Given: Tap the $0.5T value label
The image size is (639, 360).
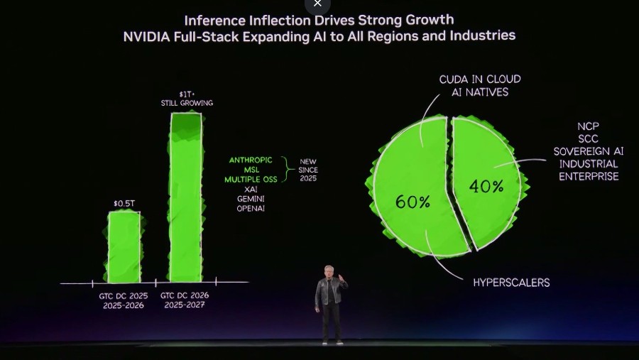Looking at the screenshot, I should tap(124, 204).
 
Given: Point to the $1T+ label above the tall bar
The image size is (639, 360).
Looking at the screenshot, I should tap(185, 94).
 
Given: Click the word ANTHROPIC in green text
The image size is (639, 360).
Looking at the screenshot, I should tap(251, 160).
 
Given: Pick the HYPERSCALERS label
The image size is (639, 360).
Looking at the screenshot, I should tap(511, 283).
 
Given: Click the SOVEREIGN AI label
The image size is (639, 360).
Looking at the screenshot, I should tap(589, 151).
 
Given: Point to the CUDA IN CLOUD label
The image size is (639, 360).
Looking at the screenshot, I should tap(479, 80).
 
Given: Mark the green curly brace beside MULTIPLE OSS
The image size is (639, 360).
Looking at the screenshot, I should tap(287, 170).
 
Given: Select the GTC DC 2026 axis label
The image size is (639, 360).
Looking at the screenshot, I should tap(185, 295).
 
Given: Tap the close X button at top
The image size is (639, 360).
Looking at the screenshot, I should tap(317, 4).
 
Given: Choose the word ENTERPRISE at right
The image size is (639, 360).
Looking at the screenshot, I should tap(589, 176).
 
